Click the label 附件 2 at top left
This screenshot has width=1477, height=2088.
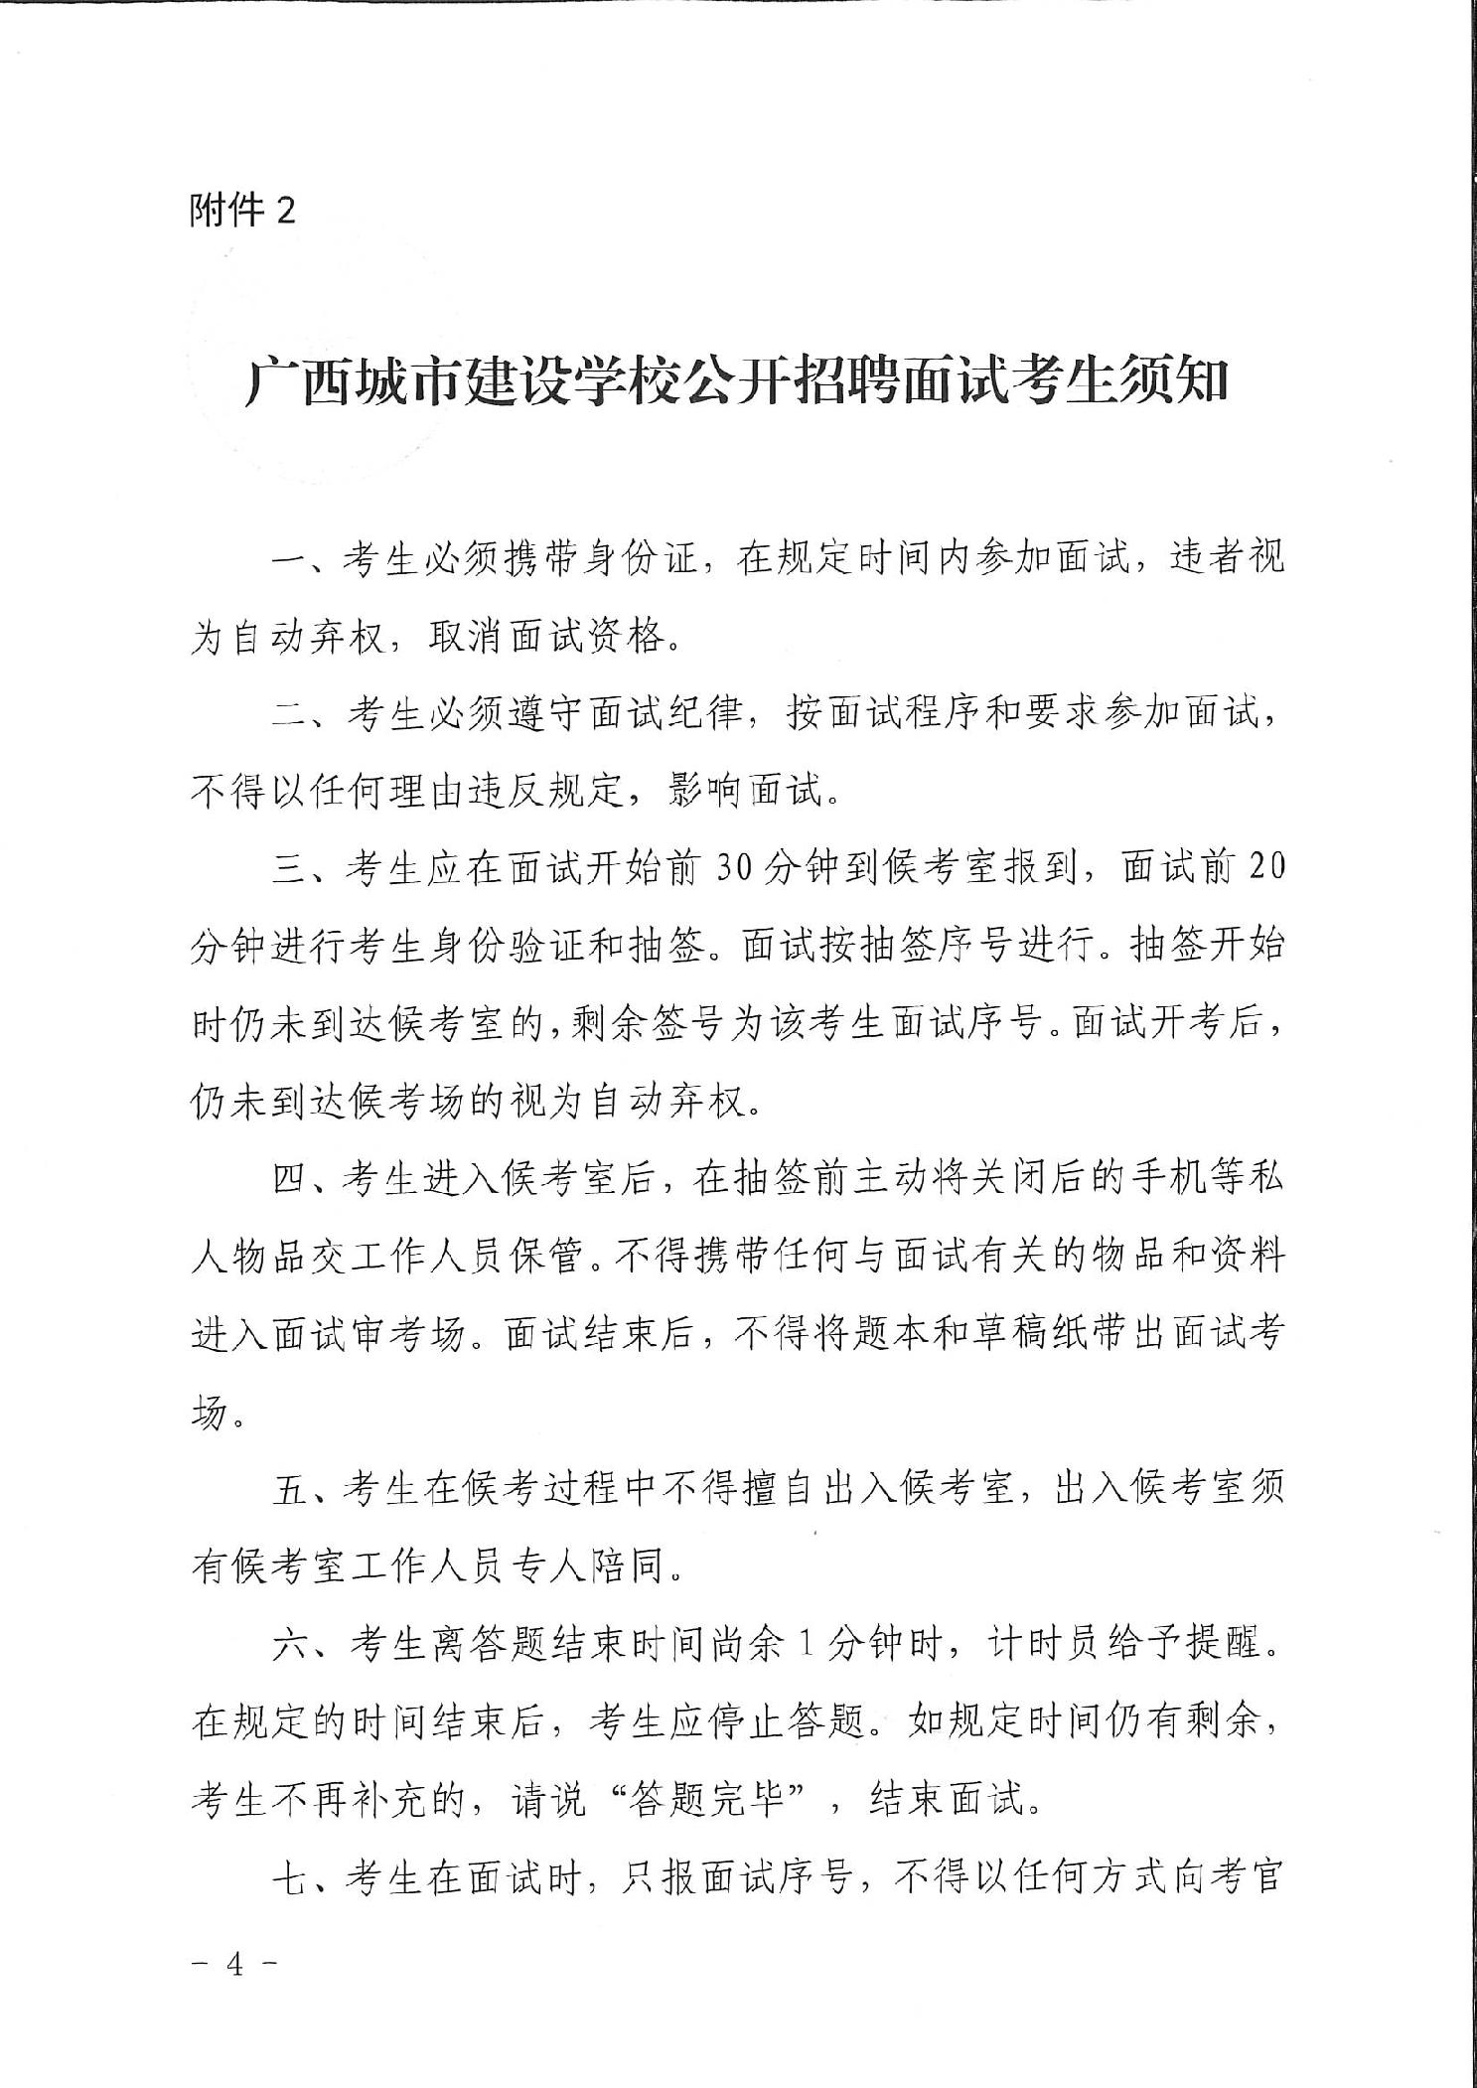[242, 211]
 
